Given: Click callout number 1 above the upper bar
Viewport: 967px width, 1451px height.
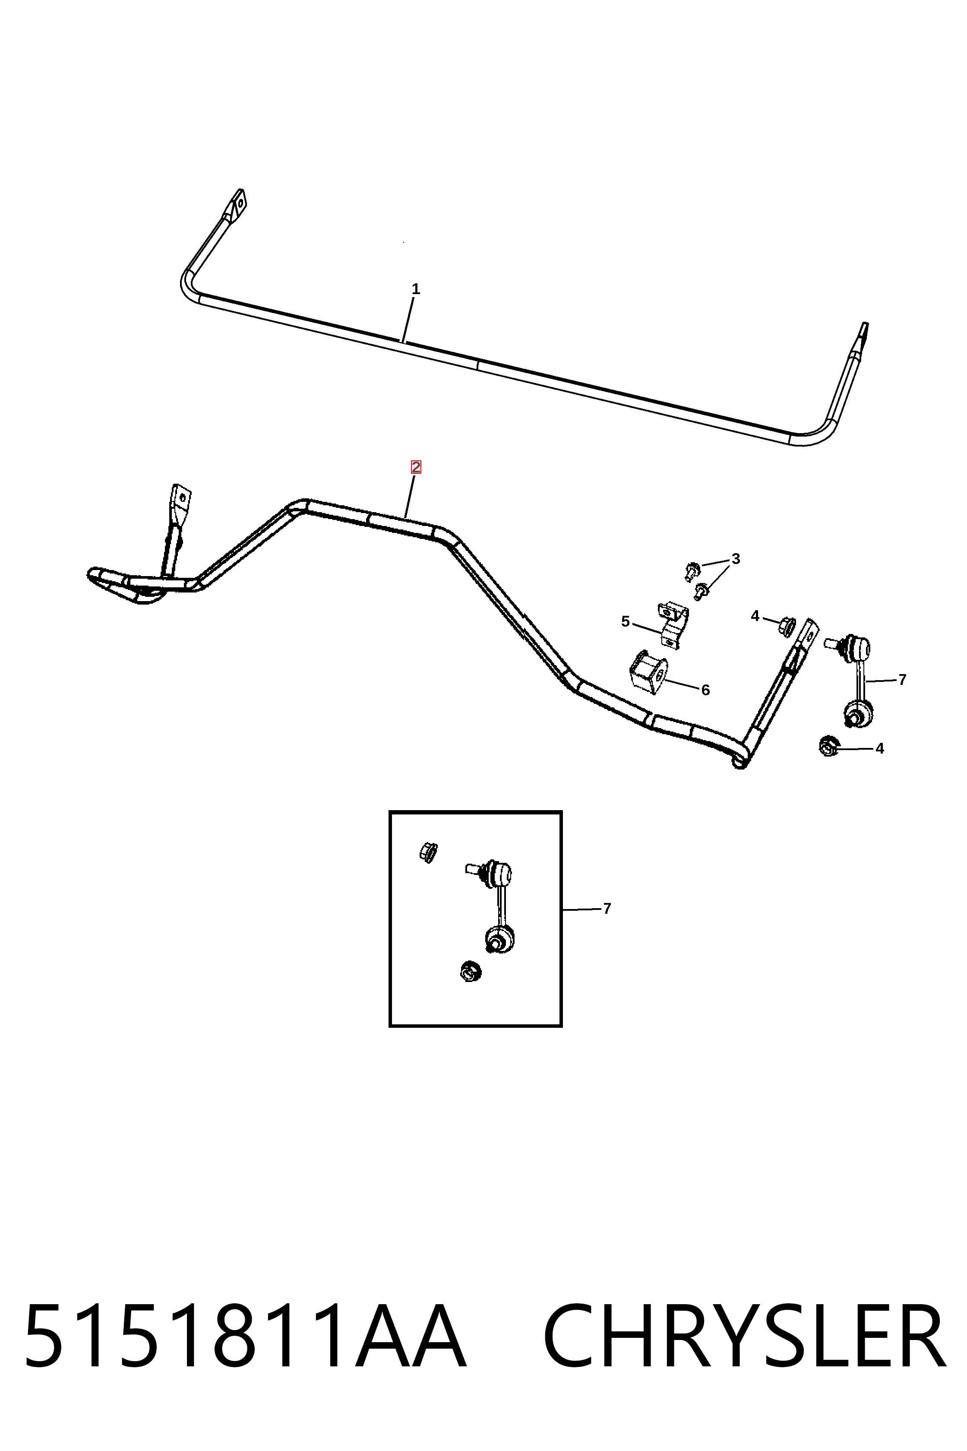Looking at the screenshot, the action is [416, 289].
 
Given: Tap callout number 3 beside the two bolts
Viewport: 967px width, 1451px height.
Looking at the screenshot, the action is [735, 559].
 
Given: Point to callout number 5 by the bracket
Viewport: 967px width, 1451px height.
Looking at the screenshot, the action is [626, 621].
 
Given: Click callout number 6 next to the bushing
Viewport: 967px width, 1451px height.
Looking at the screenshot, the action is [705, 691].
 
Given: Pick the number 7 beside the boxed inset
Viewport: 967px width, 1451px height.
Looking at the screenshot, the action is [607, 909].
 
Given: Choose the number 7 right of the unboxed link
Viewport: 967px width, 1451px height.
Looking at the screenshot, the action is [902, 680].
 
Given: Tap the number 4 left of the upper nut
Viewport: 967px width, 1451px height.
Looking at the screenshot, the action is [755, 616].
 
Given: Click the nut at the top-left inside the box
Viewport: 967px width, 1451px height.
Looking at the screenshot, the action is [427, 852].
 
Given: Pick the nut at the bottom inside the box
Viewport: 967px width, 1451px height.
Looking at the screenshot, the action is [471, 972].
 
